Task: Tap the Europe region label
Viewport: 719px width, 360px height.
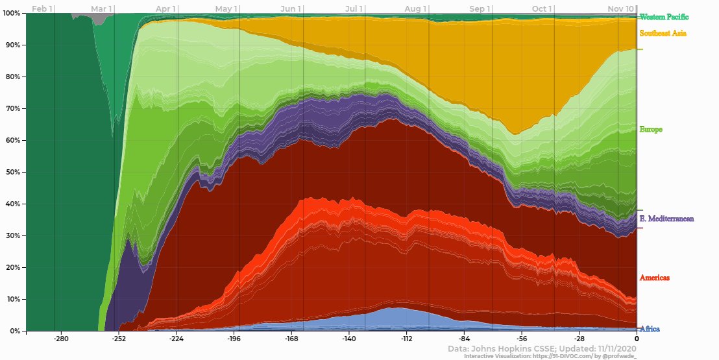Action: coord(651,130)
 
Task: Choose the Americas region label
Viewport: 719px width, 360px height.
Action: coord(654,278)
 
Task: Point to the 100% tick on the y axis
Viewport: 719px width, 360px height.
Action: coord(12,14)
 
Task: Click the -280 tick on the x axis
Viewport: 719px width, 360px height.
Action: coord(61,339)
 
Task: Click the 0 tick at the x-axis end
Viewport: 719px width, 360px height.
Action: coord(637,339)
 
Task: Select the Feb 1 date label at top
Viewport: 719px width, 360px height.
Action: coord(42,8)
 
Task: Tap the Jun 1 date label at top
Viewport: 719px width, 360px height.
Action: coord(289,8)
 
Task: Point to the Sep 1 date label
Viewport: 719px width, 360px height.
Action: coord(479,8)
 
